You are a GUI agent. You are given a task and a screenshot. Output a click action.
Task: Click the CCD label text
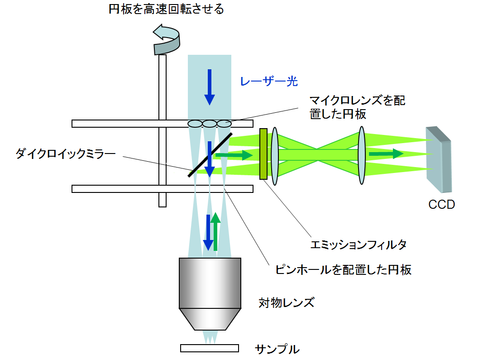[x=441, y=205]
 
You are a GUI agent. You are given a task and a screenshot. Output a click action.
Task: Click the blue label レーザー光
[x=269, y=82]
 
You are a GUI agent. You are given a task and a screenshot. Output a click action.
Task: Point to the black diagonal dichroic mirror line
[x=210, y=154]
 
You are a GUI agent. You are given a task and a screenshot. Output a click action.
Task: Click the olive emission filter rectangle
[x=263, y=154]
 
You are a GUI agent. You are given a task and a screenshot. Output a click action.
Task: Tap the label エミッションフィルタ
[x=359, y=245]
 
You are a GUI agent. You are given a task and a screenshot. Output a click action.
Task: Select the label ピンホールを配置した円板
[x=344, y=270]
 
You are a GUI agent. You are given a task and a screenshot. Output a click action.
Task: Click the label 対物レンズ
[x=286, y=302]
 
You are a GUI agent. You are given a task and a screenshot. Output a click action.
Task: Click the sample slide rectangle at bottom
[x=209, y=348]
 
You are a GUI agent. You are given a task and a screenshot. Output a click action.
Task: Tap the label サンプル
[x=277, y=349]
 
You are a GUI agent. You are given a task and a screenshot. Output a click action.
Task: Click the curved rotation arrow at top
[x=166, y=40]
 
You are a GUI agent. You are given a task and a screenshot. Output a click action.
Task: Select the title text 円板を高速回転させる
[x=166, y=10]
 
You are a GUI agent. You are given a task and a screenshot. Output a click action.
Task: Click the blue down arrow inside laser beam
[x=209, y=87]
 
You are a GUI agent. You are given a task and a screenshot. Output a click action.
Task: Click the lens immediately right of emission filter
[x=274, y=156]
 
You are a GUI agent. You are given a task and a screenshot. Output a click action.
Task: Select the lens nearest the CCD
[x=361, y=155]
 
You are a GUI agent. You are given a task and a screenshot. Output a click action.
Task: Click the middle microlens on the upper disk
[x=209, y=124]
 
